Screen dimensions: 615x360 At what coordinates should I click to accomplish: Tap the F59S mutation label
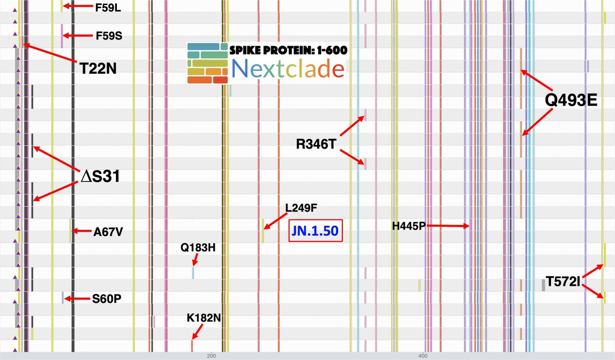109,37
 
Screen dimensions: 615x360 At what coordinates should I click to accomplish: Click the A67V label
108,232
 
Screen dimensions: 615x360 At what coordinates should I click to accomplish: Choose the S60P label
107,299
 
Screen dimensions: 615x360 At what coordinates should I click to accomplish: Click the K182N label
204,319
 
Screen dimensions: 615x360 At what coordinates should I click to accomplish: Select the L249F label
301,208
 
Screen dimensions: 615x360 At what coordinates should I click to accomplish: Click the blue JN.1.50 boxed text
315,231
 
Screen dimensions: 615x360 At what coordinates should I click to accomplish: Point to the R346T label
316,144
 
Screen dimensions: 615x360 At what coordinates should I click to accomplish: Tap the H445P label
409,226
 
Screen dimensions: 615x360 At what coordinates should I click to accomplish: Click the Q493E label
571,100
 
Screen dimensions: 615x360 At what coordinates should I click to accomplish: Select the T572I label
562,282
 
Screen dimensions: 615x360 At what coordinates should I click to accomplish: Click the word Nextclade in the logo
288,69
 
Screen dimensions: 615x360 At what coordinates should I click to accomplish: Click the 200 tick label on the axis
210,355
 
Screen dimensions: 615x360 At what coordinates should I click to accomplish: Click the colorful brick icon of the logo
208,64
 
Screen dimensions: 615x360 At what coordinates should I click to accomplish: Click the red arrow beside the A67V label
80,231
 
